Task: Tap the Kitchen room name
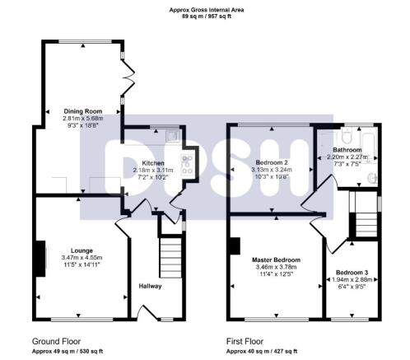pyautogui.click(x=154, y=163)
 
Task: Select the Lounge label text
pyautogui.click(x=82, y=250)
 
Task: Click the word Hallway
pyautogui.click(x=150, y=286)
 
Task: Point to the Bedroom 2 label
pyautogui.click(x=271, y=163)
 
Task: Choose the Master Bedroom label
pyautogui.click(x=276, y=259)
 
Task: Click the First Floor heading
pyautogui.click(x=249, y=340)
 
